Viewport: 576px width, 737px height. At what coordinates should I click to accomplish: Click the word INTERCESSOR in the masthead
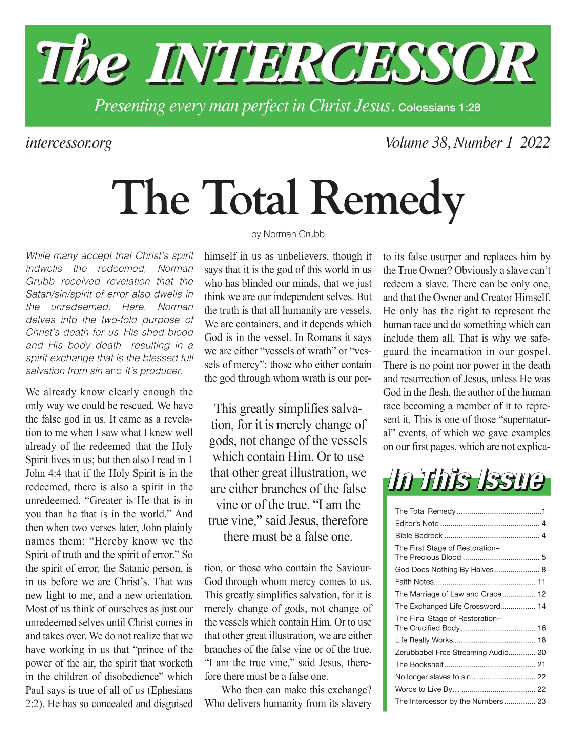coord(342,64)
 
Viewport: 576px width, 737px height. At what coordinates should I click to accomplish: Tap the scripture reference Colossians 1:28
coord(439,108)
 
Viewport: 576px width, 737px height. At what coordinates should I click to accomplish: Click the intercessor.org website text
coord(68,143)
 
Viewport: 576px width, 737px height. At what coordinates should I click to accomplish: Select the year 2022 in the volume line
coord(535,142)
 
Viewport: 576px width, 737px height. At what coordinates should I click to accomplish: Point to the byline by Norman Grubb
coord(288,234)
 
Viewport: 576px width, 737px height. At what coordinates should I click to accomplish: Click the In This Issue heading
coord(466,479)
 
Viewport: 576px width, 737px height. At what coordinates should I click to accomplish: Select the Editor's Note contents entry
coord(417,524)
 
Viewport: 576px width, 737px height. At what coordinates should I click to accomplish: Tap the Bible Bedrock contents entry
coord(418,536)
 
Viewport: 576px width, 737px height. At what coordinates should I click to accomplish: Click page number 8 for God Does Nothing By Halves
coord(543,570)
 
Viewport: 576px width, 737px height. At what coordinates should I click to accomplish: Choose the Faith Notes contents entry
coord(414,582)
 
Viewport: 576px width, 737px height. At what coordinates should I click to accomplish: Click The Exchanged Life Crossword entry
coord(448,606)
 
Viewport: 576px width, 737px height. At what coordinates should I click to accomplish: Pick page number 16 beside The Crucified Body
coord(541,628)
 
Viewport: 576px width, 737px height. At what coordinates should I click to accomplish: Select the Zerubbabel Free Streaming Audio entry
coord(452,652)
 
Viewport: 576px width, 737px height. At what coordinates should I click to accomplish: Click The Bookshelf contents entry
coord(419,664)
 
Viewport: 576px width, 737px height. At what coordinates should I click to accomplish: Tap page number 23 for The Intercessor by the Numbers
coord(541,701)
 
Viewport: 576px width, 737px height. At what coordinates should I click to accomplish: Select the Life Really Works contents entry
coord(424,640)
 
